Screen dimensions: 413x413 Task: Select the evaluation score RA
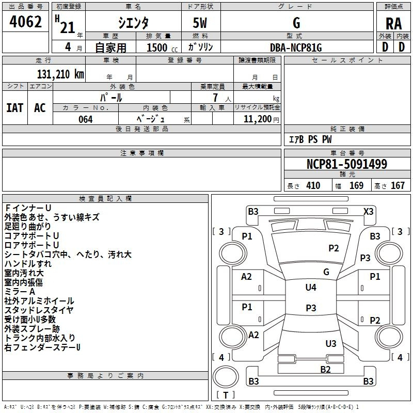coord(393,23)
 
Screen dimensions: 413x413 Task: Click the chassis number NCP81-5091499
coord(346,164)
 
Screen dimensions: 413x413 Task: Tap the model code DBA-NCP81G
coord(295,47)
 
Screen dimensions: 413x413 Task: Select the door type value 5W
coord(200,23)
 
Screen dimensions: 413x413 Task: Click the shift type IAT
coord(14,107)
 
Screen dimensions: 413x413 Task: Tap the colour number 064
coord(85,119)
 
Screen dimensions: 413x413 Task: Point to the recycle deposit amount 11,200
coord(257,119)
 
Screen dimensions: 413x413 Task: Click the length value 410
coord(313,186)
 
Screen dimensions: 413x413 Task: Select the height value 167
coord(397,186)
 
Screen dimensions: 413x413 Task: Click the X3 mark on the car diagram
coord(368,211)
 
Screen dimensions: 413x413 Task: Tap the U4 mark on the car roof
coord(311,288)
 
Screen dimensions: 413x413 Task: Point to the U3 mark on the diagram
coord(331,343)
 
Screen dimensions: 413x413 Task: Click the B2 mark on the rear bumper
coord(325,369)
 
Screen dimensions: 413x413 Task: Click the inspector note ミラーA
coord(20,292)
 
